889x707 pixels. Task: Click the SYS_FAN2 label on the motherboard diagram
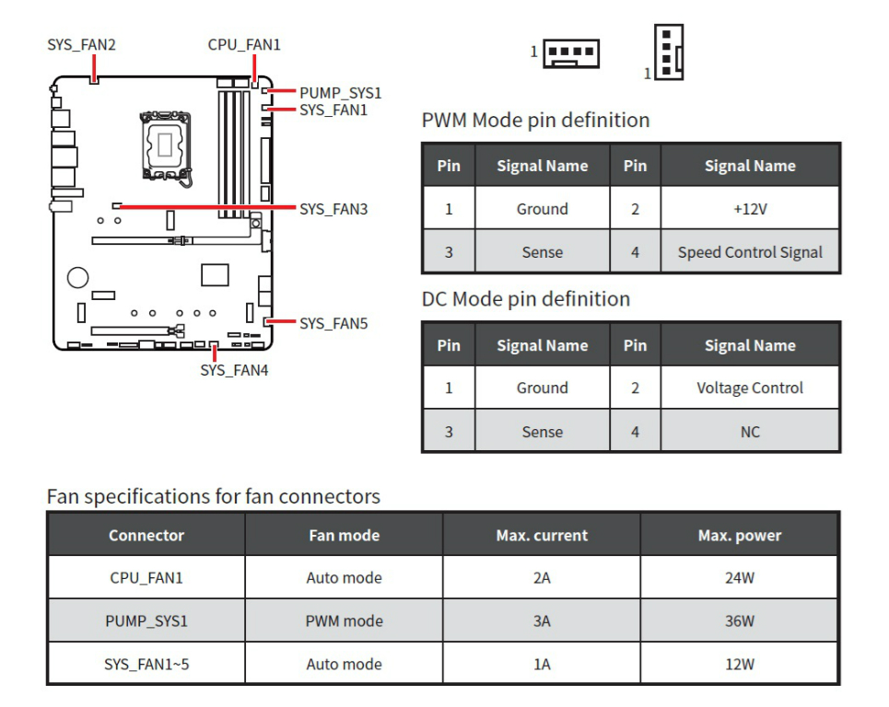pyautogui.click(x=81, y=44)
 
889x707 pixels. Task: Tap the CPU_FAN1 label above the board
pyautogui.click(x=244, y=44)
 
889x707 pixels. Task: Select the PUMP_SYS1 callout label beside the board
pyautogui.click(x=340, y=93)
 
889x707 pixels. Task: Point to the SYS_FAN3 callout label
pyautogui.click(x=333, y=209)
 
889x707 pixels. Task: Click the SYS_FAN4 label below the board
pyautogui.click(x=234, y=370)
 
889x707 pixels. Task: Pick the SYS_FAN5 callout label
pyautogui.click(x=333, y=323)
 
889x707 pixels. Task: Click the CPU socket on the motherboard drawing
pyautogui.click(x=166, y=145)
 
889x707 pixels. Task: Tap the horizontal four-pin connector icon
pyautogui.click(x=571, y=52)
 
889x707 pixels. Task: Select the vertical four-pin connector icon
pyautogui.click(x=670, y=52)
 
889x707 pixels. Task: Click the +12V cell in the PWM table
pyautogui.click(x=750, y=209)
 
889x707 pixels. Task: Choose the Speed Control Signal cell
pyautogui.click(x=750, y=252)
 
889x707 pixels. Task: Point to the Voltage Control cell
pyautogui.click(x=750, y=388)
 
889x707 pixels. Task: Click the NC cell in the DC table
pyautogui.click(x=750, y=432)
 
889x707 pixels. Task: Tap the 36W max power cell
pyautogui.click(x=739, y=621)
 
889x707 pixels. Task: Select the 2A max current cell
pyautogui.click(x=542, y=578)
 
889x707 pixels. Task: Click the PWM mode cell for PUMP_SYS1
pyautogui.click(x=344, y=621)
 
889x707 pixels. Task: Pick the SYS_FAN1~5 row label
pyautogui.click(x=146, y=664)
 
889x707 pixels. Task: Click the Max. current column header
pyautogui.click(x=542, y=535)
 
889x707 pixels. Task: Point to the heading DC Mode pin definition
pyautogui.click(x=526, y=299)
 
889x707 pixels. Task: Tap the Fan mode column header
pyautogui.click(x=344, y=535)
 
